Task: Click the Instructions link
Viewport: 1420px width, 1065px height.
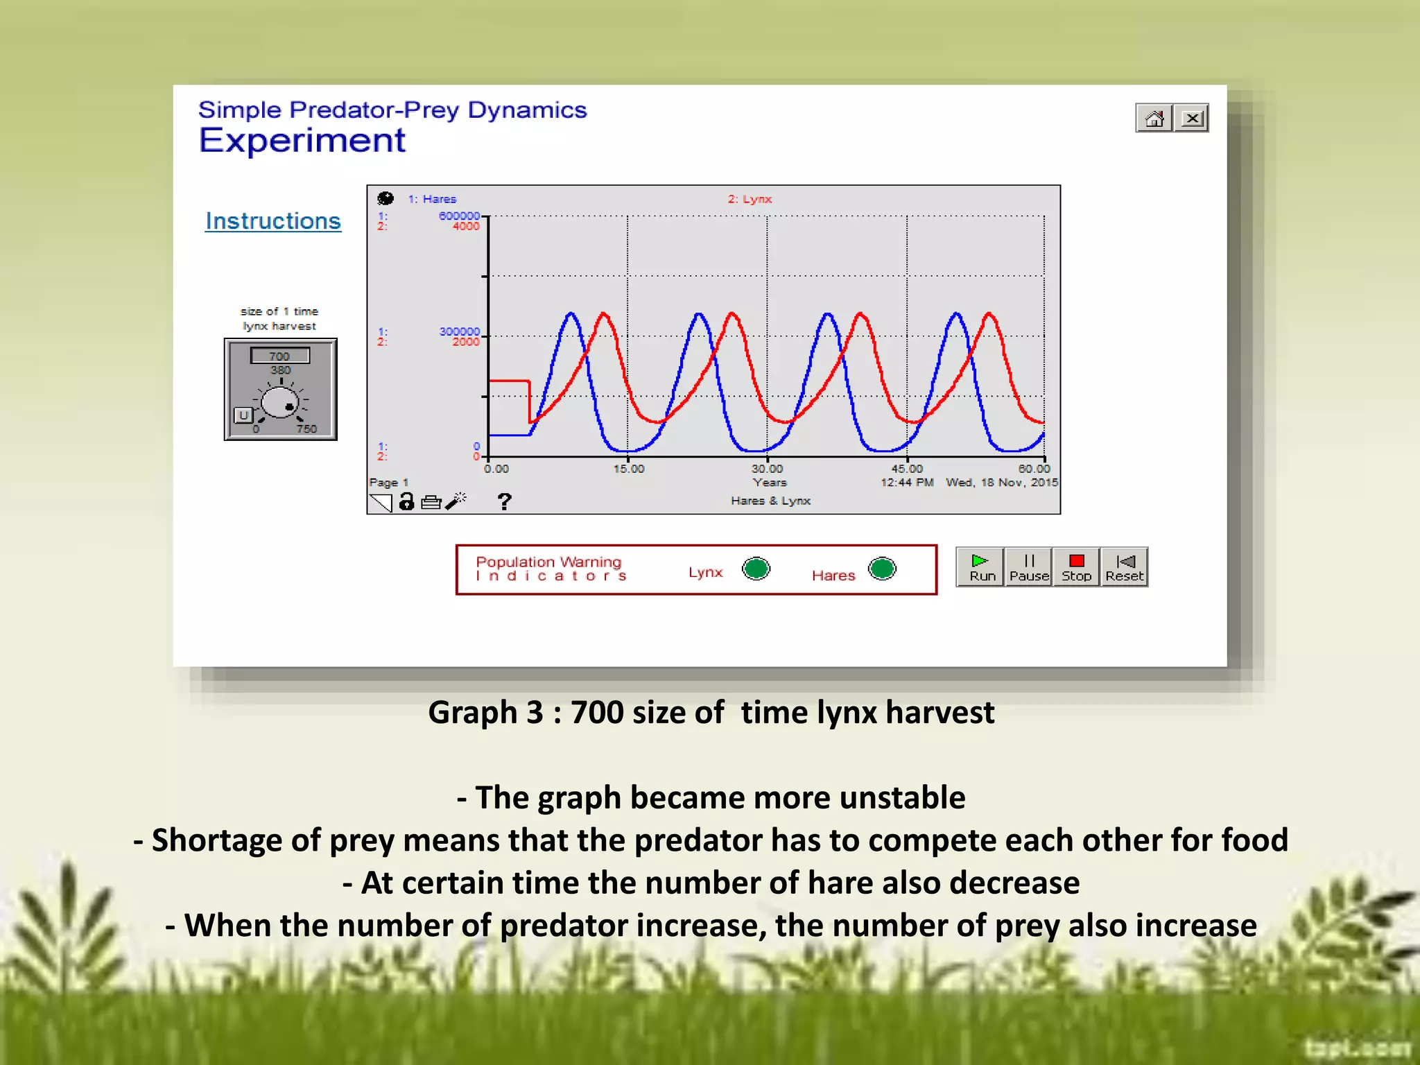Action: coord(273,221)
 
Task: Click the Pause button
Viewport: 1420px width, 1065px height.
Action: coord(1029,567)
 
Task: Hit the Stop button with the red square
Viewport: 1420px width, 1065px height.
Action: coord(1076,567)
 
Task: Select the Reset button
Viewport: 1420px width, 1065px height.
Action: coord(1124,567)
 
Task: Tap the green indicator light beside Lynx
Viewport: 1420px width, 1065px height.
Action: coord(756,569)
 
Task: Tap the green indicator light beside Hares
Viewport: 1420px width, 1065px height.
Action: coord(882,569)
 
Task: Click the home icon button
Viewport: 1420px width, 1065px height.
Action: coord(1154,119)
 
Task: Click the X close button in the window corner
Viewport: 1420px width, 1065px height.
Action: coord(1192,119)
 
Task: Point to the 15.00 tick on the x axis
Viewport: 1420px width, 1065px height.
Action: coord(628,469)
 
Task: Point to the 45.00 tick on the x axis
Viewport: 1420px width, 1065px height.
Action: coord(907,469)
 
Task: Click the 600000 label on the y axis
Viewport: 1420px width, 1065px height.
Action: coord(459,216)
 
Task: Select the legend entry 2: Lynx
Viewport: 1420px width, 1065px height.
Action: coord(750,199)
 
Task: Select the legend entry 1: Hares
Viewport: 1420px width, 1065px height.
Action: coord(432,199)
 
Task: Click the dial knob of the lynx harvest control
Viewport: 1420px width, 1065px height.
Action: coord(281,402)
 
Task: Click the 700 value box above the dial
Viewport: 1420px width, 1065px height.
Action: coord(279,356)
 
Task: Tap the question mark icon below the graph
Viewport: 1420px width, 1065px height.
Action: coord(504,501)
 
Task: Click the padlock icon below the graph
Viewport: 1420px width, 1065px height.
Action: coord(407,501)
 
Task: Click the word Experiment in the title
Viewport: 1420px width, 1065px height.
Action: coord(302,141)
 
